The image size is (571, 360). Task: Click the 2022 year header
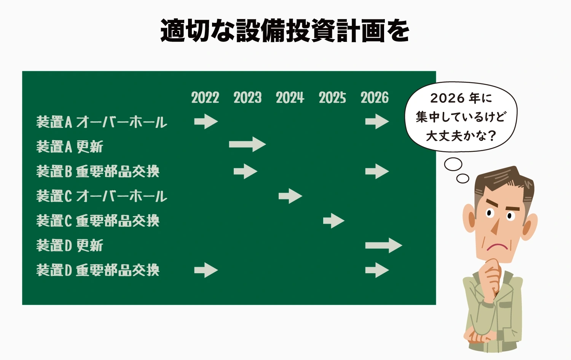point(205,97)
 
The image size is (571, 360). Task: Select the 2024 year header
point(290,97)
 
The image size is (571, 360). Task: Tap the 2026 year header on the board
point(375,97)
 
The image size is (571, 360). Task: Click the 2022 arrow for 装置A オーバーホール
point(206,121)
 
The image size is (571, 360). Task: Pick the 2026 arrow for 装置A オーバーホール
point(377,121)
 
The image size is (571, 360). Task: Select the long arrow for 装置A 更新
point(247,144)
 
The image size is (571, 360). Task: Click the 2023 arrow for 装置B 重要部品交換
point(246,171)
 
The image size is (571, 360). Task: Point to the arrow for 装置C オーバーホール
point(290,196)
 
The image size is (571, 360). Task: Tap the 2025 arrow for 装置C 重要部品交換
point(334,221)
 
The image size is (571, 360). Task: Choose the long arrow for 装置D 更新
point(384,245)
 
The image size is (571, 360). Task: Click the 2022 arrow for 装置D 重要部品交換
point(206,270)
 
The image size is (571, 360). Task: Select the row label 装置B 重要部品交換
point(98,171)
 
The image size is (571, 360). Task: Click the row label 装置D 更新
point(70,245)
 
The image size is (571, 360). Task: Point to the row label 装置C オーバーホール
point(102,196)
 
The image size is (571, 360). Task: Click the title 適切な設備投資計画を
point(285,30)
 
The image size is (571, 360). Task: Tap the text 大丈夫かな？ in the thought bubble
point(461,136)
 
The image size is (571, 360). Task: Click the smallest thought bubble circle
point(463,178)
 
